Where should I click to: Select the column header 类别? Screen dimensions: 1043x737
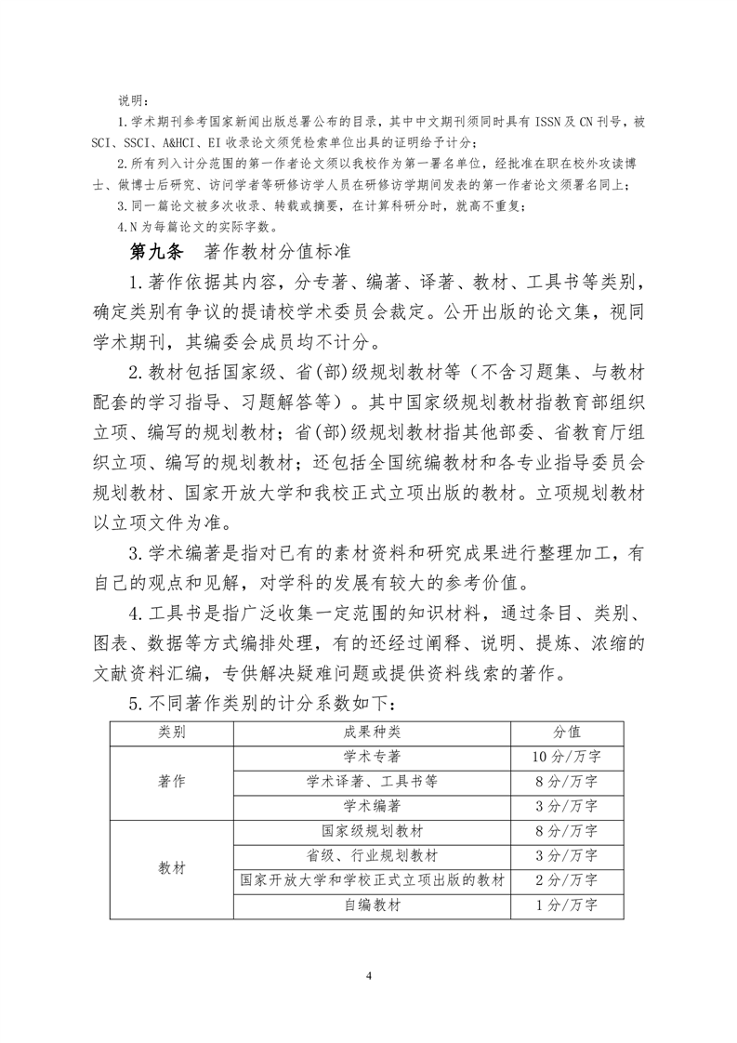coord(172,733)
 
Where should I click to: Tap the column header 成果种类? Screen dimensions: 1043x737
coord(372,733)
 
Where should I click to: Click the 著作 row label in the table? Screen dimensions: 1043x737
coord(172,781)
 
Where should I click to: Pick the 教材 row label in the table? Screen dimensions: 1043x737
coord(172,867)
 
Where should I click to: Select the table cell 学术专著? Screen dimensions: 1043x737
coord(372,757)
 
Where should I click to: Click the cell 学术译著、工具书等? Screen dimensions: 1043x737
coord(372,781)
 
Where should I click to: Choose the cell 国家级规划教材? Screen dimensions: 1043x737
coord(372,831)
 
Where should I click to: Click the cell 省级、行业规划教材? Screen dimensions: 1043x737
coord(372,855)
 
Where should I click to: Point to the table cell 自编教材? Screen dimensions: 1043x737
coord(372,904)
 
